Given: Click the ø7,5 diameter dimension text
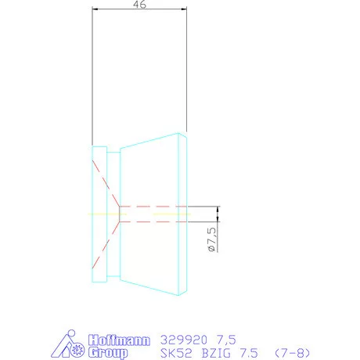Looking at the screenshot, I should tap(211, 238).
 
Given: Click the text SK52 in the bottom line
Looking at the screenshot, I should tap(173, 354).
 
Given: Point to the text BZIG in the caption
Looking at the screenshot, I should tap(214, 354).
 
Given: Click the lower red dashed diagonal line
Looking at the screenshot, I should tap(105, 243).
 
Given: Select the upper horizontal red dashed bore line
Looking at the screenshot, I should tap(153, 207).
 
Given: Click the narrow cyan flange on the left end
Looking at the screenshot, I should tap(99, 215).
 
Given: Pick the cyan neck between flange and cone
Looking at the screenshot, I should tap(113, 215).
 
